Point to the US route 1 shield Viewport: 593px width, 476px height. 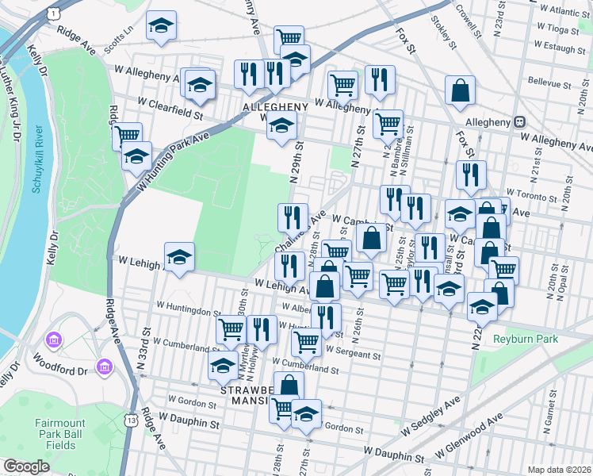click(53, 14)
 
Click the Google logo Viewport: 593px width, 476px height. click(26, 466)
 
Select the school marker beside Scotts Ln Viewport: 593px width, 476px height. click(162, 25)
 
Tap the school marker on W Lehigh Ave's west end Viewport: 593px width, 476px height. click(179, 257)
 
